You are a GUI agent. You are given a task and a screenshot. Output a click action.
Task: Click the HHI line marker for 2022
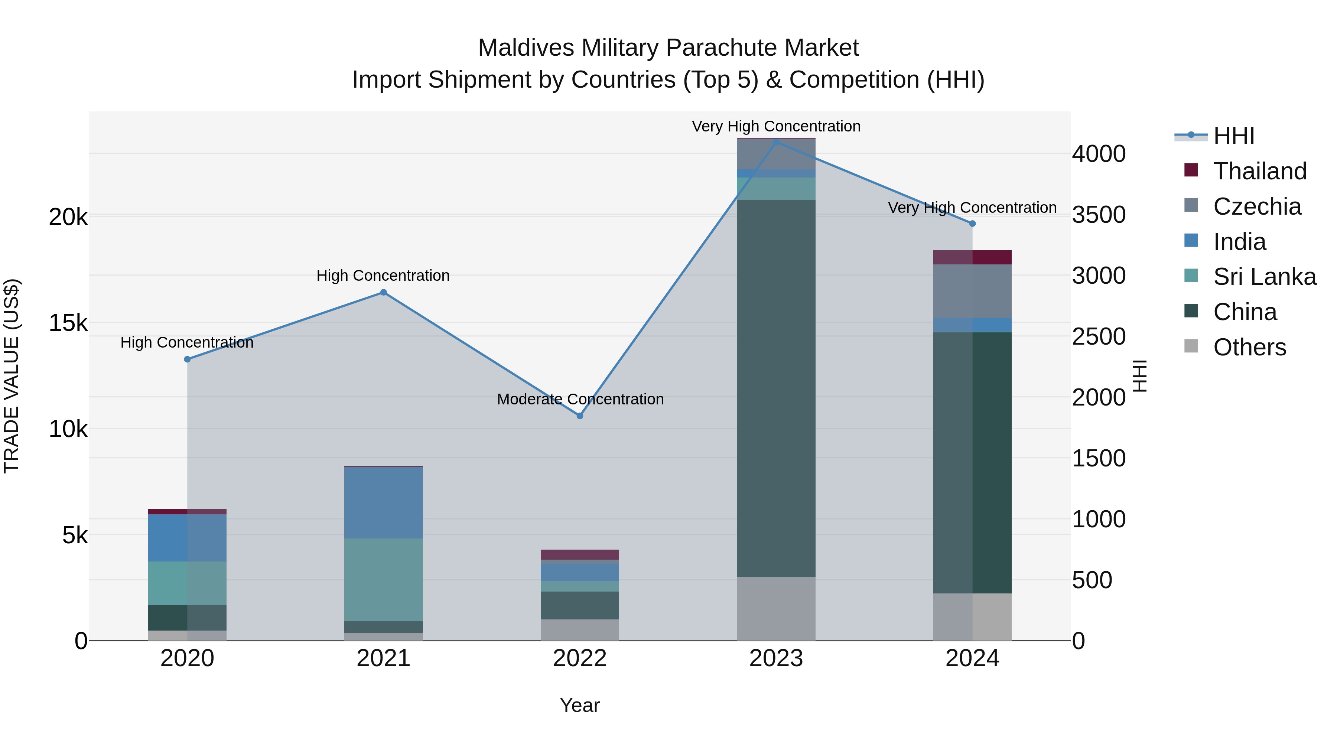[x=580, y=416]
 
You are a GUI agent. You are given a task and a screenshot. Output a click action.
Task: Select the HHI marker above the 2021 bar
[x=384, y=292]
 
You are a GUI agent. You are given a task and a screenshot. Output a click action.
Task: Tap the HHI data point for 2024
[x=973, y=224]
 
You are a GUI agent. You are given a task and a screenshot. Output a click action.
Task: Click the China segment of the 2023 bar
[x=776, y=388]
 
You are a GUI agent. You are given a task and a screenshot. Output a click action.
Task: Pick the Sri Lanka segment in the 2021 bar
[x=384, y=580]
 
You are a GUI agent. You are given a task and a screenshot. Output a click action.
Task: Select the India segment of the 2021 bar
[x=384, y=502]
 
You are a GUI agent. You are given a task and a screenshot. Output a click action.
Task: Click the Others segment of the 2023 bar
[x=776, y=609]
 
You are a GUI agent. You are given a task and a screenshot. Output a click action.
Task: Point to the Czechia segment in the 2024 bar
[x=973, y=291]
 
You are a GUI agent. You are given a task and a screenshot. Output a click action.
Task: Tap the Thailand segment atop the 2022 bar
[x=580, y=554]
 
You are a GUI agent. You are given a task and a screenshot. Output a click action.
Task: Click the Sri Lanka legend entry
[x=1264, y=277]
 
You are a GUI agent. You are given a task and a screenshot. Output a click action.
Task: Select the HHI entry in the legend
[x=1234, y=136]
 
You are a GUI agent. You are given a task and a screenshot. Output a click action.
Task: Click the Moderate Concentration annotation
[x=580, y=399]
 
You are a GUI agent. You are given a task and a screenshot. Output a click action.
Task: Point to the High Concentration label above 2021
[x=383, y=276]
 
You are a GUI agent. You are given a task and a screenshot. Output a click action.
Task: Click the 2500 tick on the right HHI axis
[x=1099, y=336]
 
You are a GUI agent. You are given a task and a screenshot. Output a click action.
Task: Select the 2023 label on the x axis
[x=776, y=658]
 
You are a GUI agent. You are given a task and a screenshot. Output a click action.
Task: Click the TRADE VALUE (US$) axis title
[x=12, y=376]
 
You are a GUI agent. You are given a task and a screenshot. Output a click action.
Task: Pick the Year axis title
[x=580, y=705]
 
